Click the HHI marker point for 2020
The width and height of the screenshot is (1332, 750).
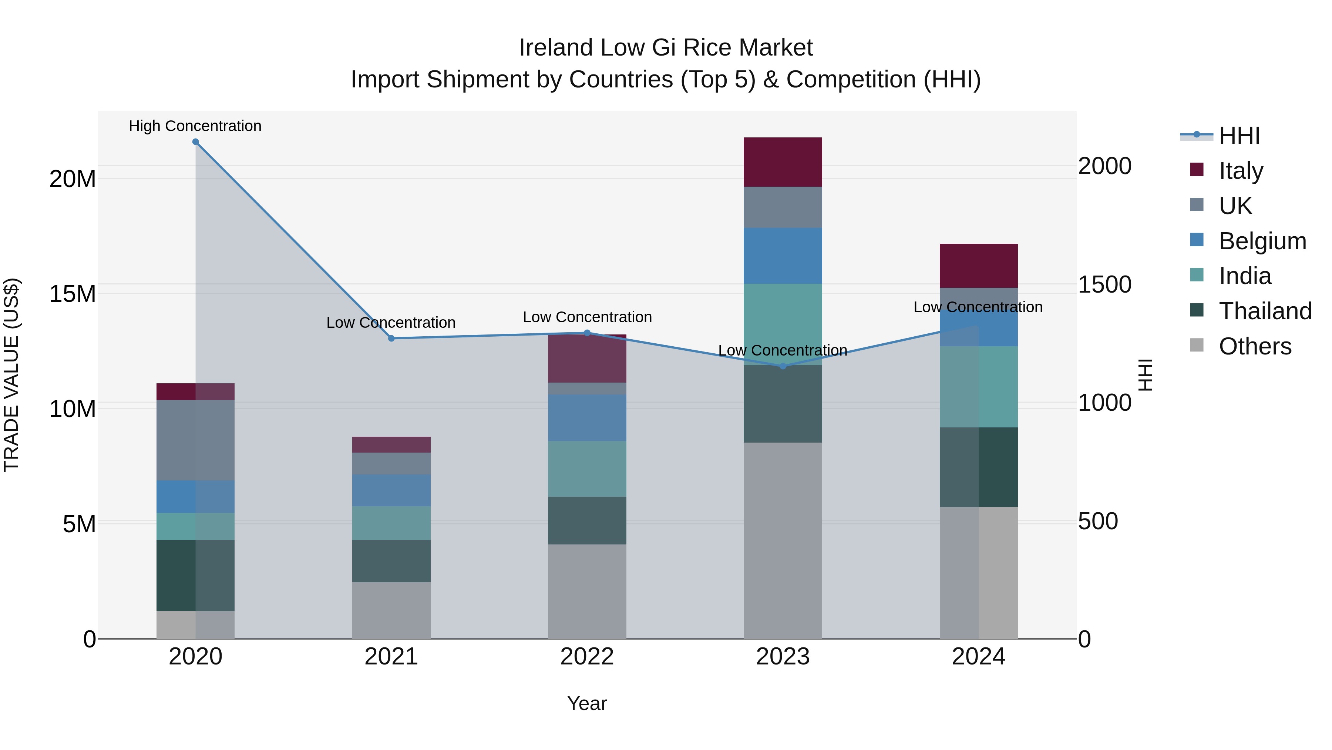(x=195, y=142)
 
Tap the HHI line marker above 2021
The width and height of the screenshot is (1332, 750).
(x=391, y=339)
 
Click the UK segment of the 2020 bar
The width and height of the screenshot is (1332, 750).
(x=195, y=440)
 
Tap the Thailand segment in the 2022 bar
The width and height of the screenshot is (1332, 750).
(x=587, y=520)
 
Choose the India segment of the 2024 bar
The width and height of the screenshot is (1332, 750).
(x=978, y=387)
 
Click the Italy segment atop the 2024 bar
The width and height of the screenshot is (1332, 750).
(x=978, y=266)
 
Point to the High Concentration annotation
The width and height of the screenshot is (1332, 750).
(x=195, y=126)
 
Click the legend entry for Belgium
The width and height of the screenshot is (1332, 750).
(x=1262, y=241)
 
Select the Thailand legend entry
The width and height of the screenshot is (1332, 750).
(x=1265, y=311)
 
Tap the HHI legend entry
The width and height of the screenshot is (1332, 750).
(x=1239, y=136)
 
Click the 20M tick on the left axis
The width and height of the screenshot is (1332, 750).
(x=73, y=179)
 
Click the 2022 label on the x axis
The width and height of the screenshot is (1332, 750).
(x=587, y=657)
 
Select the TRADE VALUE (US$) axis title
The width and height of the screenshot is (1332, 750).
(x=11, y=375)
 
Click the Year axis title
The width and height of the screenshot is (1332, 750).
(x=587, y=703)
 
